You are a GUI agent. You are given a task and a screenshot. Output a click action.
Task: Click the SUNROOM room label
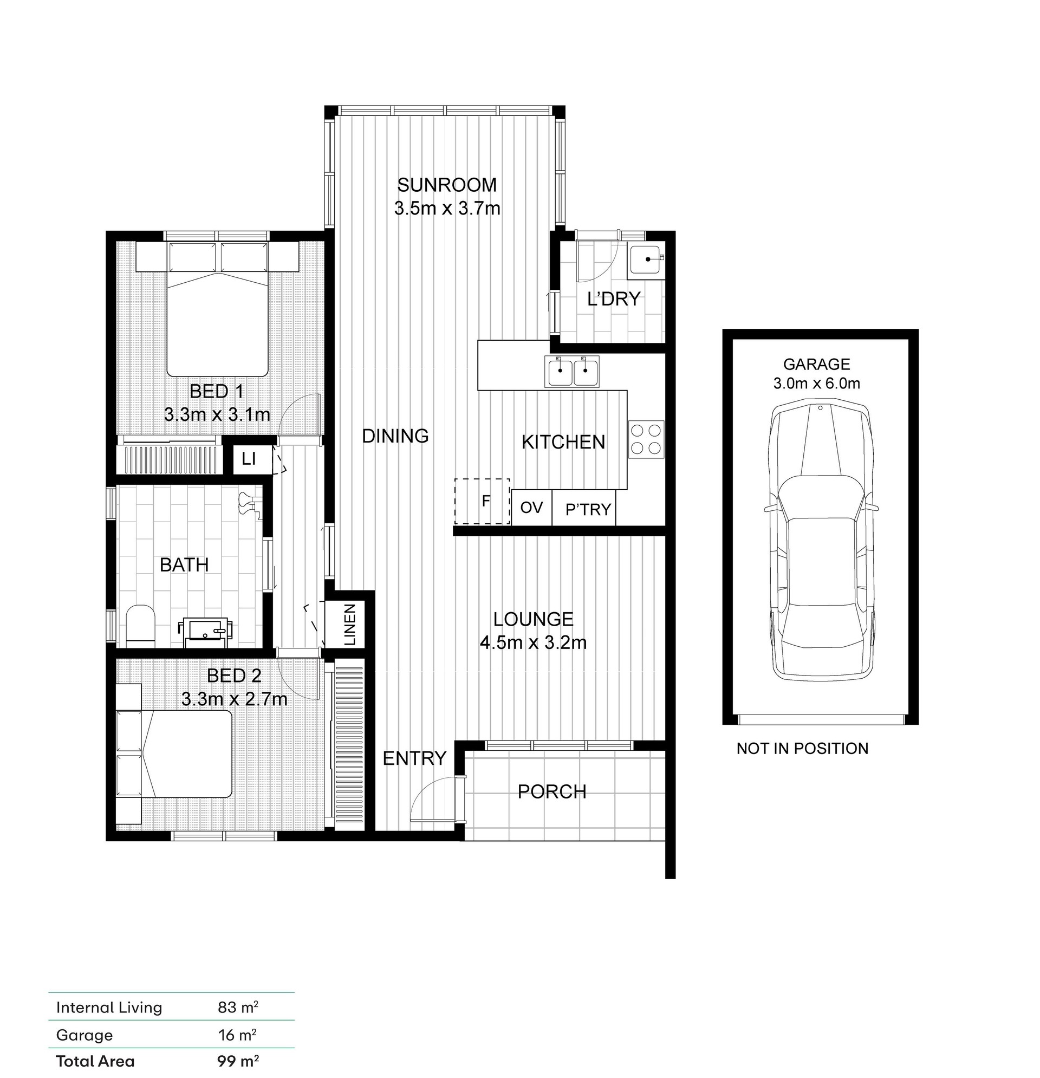click(x=446, y=185)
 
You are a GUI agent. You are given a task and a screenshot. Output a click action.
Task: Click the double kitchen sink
click(x=573, y=371)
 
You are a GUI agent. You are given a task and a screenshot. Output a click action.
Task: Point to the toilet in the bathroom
click(x=141, y=626)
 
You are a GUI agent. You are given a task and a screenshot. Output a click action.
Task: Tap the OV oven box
click(x=531, y=507)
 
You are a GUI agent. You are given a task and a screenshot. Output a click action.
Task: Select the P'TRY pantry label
click(x=588, y=510)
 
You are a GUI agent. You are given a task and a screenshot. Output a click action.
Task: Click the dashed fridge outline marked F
click(x=482, y=501)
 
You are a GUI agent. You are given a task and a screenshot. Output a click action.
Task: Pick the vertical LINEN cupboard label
click(x=350, y=624)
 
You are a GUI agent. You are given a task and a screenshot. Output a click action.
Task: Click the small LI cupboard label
click(x=249, y=458)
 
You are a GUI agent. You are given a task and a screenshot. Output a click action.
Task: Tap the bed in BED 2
click(x=174, y=753)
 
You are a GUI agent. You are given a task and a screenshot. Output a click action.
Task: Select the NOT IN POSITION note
click(x=802, y=748)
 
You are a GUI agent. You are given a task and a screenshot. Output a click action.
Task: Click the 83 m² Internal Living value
click(x=238, y=1007)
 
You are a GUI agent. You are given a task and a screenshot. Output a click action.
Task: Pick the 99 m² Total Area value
click(x=238, y=1061)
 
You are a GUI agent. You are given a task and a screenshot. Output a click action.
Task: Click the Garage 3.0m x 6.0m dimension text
click(x=817, y=384)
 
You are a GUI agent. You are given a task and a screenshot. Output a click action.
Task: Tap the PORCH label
click(x=552, y=791)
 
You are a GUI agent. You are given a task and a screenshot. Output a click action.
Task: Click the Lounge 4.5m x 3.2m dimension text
click(x=533, y=642)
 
